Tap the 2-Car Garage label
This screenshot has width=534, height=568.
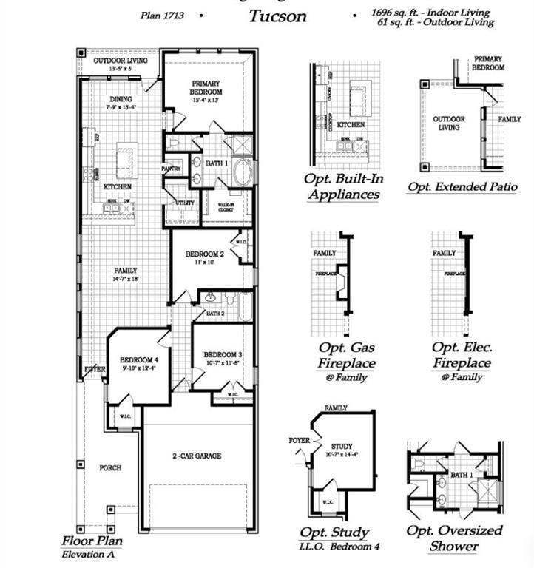(x=197, y=456)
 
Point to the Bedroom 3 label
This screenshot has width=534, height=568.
(x=223, y=354)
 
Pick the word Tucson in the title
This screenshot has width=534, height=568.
(x=277, y=16)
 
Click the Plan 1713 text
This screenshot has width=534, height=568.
(x=163, y=15)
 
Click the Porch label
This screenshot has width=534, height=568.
(x=110, y=467)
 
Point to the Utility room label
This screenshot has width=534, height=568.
(x=184, y=203)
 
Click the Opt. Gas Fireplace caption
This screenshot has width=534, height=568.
(x=346, y=355)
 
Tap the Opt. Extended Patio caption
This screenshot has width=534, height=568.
(x=462, y=186)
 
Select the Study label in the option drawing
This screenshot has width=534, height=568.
(x=341, y=447)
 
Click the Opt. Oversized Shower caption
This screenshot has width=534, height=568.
(x=454, y=538)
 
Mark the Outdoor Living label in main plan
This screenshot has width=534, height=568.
(x=120, y=61)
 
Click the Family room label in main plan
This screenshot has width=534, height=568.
(x=126, y=271)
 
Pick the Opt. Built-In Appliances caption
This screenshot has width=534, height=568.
(x=342, y=186)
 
